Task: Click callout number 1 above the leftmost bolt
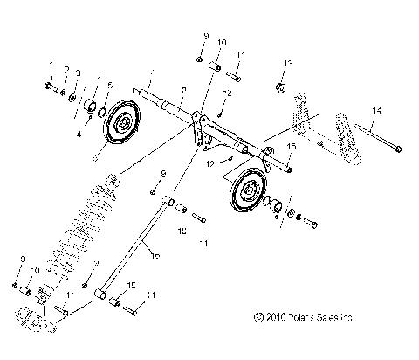tap(52, 66)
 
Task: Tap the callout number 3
tap(78, 73)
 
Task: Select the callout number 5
tap(110, 85)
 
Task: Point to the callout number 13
tap(288, 63)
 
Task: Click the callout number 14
tap(376, 109)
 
